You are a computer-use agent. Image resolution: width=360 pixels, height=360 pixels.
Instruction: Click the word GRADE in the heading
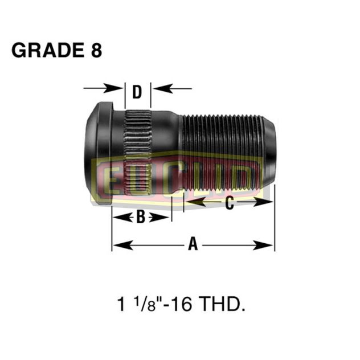(x=44, y=50)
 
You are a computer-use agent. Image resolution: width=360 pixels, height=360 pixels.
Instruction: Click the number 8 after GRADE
(x=96, y=50)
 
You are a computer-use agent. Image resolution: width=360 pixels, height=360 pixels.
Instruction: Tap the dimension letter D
(x=137, y=92)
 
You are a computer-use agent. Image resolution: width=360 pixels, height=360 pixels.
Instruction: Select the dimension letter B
(x=140, y=217)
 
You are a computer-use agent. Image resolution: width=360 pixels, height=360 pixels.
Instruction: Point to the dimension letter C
(x=229, y=204)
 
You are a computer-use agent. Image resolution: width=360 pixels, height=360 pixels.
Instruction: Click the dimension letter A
(x=193, y=244)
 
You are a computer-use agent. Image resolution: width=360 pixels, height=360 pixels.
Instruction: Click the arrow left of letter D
(x=103, y=88)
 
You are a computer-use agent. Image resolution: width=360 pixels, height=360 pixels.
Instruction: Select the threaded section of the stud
(x=222, y=151)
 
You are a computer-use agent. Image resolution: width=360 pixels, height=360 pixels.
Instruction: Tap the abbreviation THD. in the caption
(x=224, y=306)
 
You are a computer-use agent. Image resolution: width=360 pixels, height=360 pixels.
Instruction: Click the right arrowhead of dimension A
(x=268, y=245)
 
